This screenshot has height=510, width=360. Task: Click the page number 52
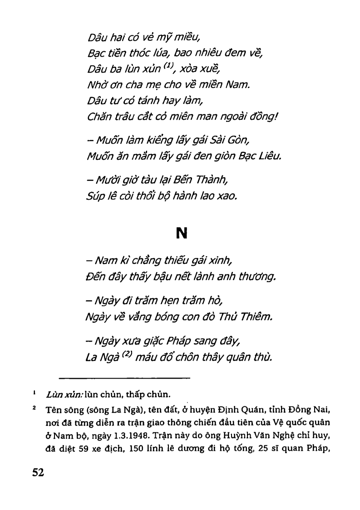pyautogui.click(x=38, y=473)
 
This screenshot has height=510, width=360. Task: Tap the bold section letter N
pyautogui.click(x=182, y=233)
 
